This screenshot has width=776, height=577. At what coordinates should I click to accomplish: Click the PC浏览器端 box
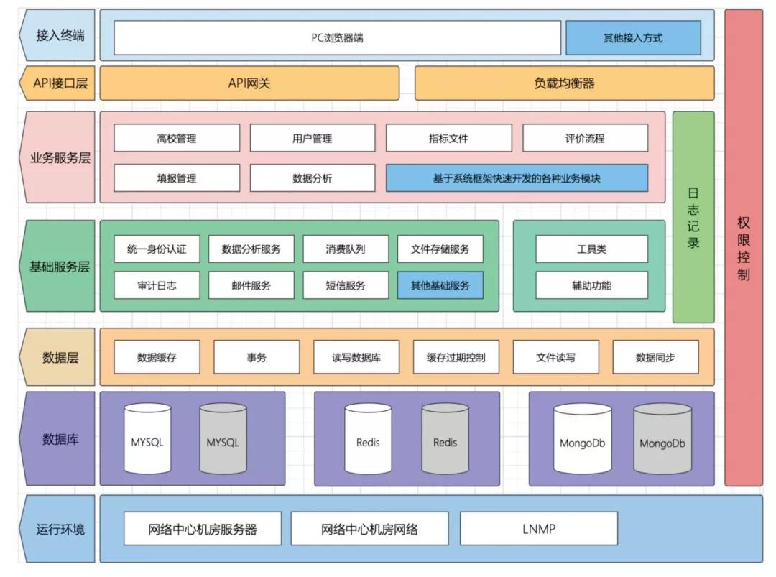point(337,37)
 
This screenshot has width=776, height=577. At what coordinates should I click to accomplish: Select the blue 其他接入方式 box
point(632,37)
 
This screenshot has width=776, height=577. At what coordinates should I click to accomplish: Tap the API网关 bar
point(249,83)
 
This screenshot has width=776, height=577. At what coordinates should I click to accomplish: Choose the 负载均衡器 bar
point(564,83)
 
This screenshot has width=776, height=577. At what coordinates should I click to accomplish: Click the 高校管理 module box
point(177,138)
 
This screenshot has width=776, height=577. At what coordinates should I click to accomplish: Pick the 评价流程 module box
point(585,138)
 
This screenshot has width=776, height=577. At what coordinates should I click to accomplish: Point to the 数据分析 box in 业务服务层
point(312,178)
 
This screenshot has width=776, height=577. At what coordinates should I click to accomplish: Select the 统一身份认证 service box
point(157,249)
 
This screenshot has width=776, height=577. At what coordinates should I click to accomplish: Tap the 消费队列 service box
point(345,249)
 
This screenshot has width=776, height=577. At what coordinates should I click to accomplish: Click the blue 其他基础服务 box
point(440,285)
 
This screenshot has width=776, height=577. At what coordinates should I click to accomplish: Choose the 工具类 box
point(591,249)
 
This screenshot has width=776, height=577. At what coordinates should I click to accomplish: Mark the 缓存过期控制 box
point(456,357)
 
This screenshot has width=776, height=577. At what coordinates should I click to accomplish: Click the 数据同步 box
point(655,357)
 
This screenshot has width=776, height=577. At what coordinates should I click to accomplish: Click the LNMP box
point(538,529)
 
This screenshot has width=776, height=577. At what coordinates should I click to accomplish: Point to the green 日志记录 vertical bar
point(693,217)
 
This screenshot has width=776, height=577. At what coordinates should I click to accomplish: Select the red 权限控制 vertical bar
point(743,248)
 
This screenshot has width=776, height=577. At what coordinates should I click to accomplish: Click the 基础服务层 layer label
point(59,267)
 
